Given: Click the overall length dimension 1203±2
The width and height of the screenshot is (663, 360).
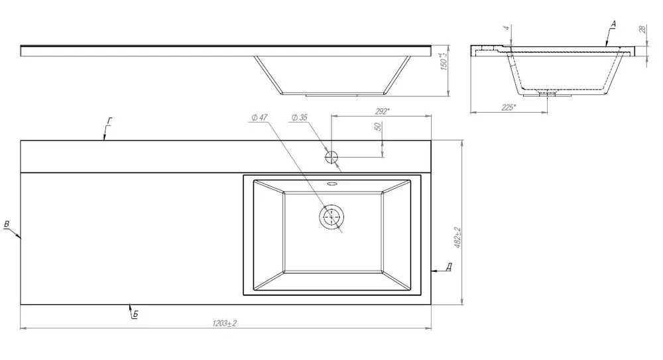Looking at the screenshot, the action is click(225, 324).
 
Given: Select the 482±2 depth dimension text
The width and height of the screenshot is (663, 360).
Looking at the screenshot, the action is click(457, 237).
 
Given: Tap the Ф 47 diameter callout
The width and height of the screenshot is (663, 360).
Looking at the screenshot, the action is click(259, 117).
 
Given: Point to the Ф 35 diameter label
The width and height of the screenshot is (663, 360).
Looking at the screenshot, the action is click(300, 117).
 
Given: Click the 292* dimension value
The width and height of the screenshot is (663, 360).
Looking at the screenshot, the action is click(382, 111).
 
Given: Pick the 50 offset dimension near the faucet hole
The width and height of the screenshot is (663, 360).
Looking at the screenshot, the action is click(378, 127).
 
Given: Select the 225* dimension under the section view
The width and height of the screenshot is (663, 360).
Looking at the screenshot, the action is click(509, 107).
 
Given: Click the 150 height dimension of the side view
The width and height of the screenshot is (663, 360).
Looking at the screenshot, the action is click(444, 61).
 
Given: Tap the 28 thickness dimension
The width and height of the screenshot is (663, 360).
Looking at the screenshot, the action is click(642, 30).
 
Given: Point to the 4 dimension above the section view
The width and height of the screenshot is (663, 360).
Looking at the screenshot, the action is click(507, 28).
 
